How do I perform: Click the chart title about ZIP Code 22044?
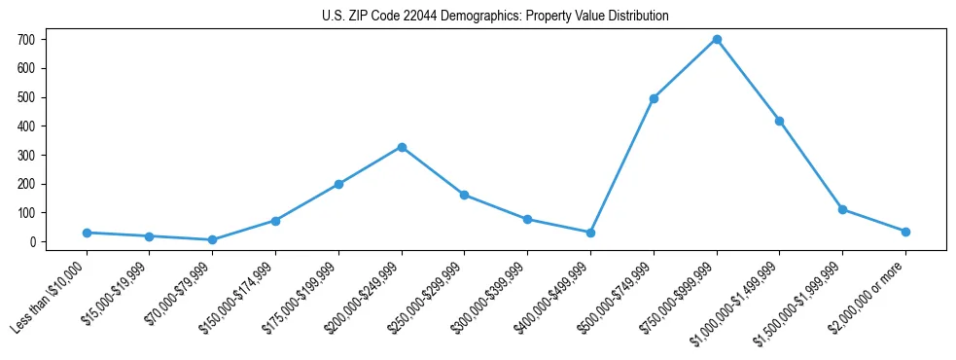(495, 17)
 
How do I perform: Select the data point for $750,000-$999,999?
(717, 39)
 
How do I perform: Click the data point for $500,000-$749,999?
(654, 98)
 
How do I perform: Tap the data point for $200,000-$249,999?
(402, 147)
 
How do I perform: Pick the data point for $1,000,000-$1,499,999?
(779, 121)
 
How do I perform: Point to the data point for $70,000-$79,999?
(212, 239)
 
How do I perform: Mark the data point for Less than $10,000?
(87, 233)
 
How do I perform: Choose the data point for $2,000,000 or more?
(905, 232)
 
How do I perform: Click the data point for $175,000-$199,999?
(338, 184)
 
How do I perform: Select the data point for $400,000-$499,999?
(590, 233)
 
